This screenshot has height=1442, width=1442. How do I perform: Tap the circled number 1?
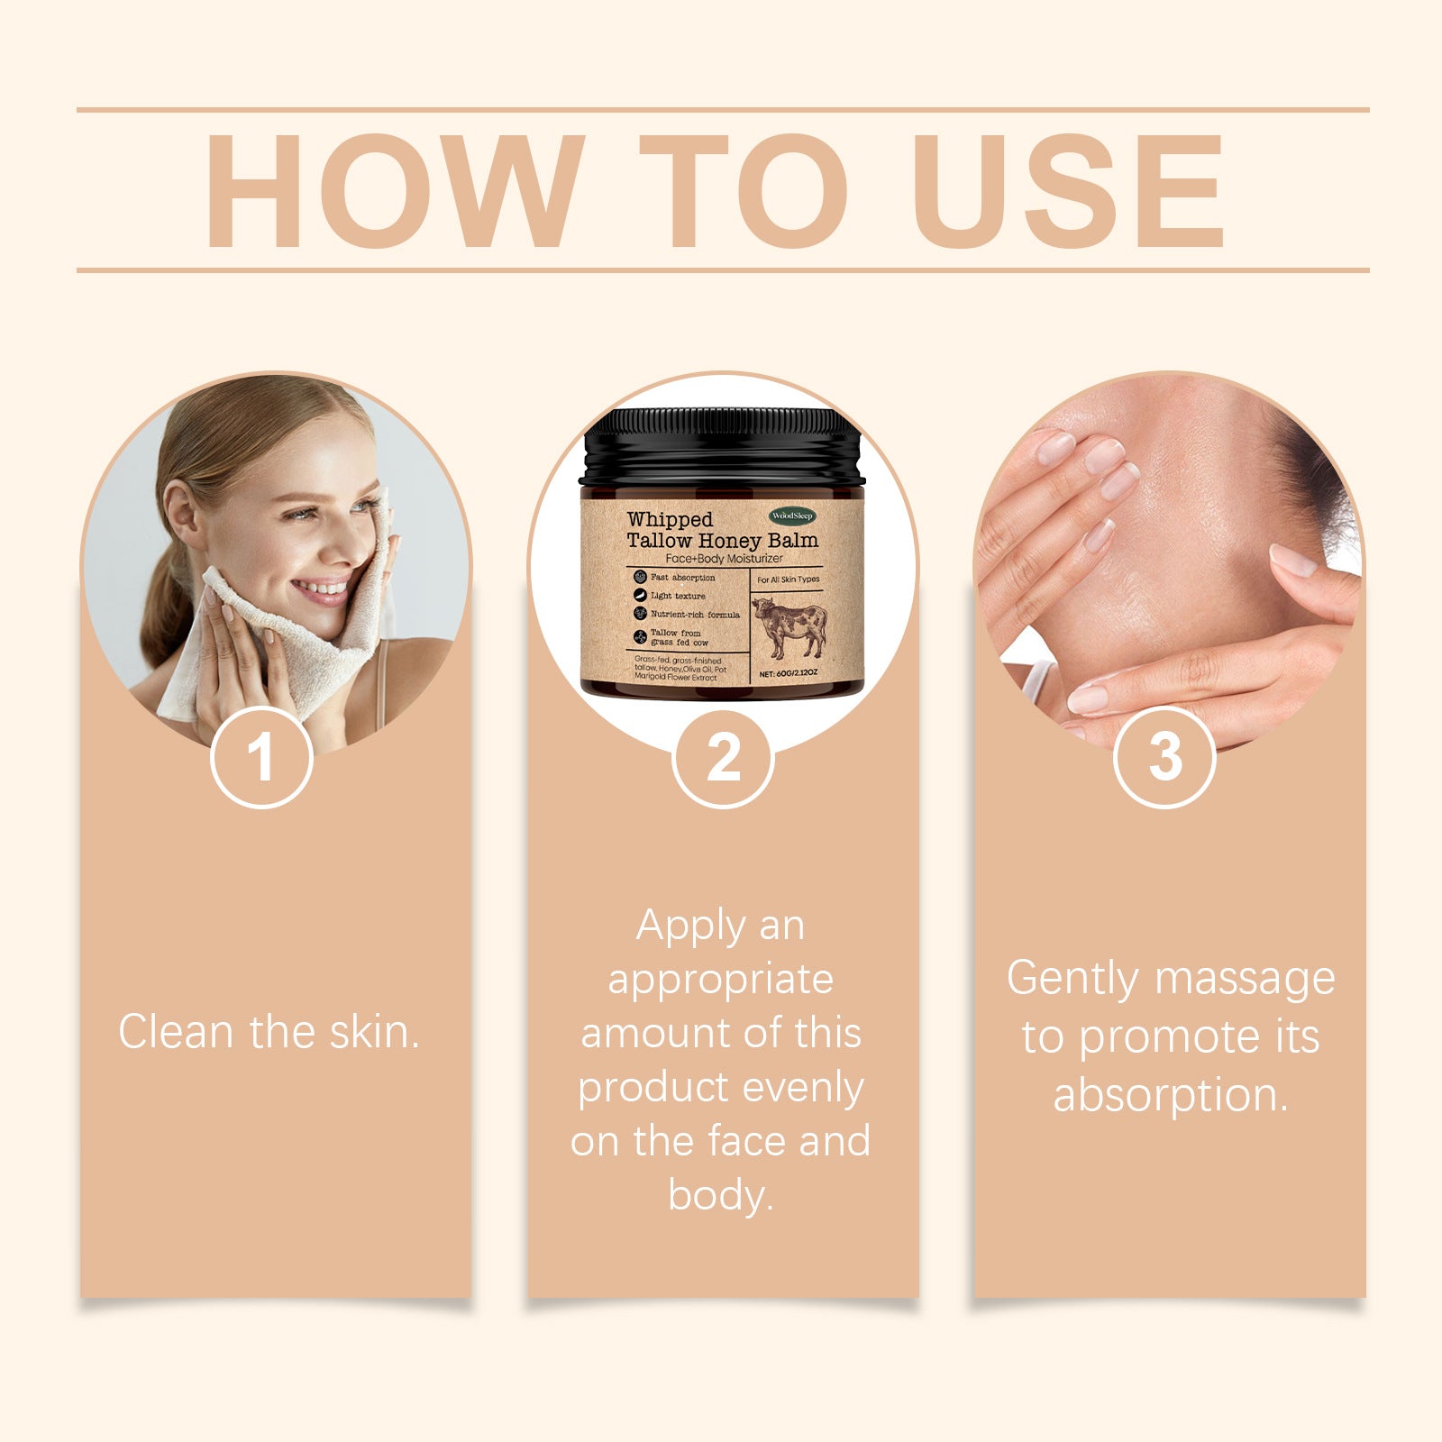(x=261, y=758)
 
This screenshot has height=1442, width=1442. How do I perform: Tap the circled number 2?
(x=723, y=758)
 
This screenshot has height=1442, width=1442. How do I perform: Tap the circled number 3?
(x=1164, y=758)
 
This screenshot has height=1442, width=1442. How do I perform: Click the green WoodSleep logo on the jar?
(x=792, y=516)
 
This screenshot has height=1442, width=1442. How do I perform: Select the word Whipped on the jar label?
(x=670, y=519)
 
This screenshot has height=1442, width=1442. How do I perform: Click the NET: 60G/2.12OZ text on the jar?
(x=789, y=673)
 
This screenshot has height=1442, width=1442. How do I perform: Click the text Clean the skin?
(x=269, y=1032)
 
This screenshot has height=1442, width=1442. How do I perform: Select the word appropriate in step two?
(x=721, y=980)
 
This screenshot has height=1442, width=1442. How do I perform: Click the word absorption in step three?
(x=1170, y=1096)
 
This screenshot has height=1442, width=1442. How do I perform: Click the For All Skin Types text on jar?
(x=789, y=580)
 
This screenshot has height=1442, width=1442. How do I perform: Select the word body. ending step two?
(x=721, y=1196)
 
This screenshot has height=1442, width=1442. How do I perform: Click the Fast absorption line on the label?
(x=682, y=578)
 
